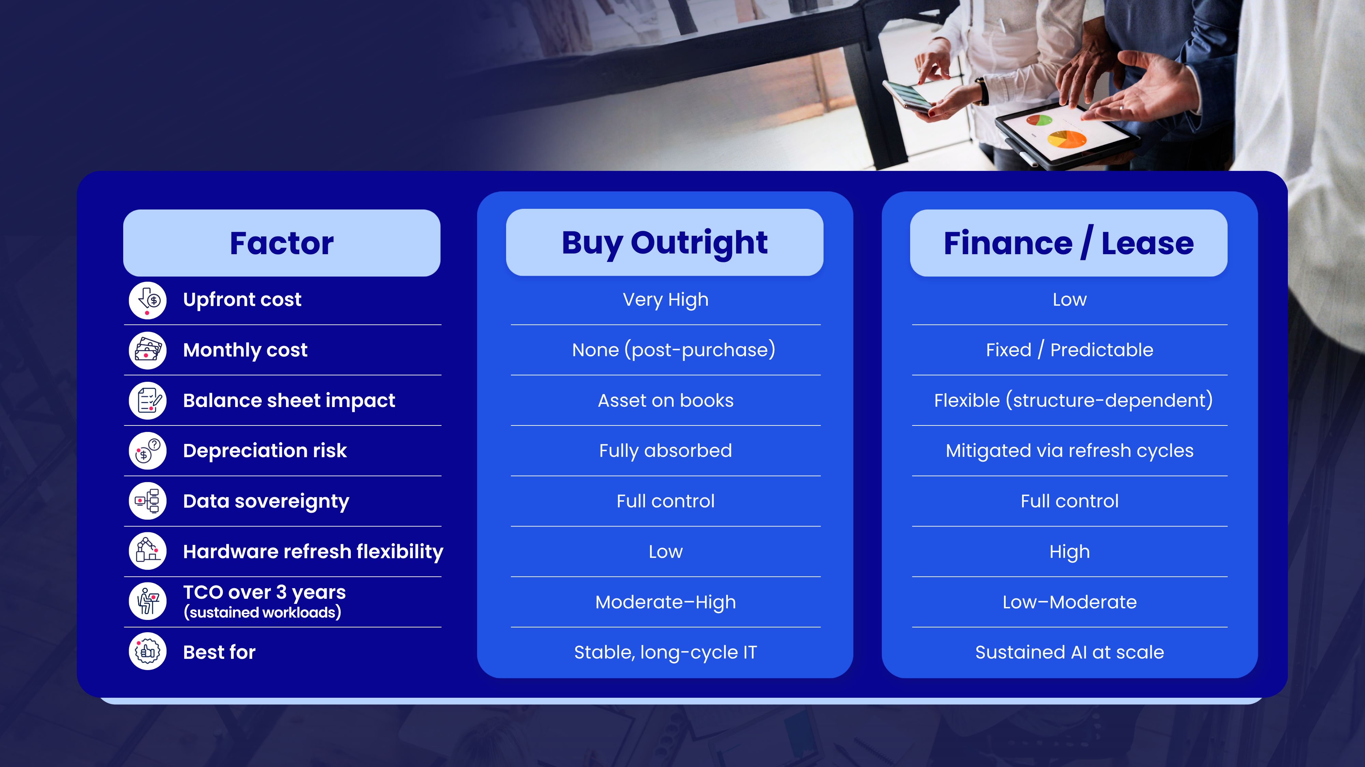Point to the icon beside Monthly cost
pyautogui.click(x=147, y=350)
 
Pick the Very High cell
pyautogui.click(x=665, y=300)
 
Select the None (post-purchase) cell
pyautogui.click(x=674, y=350)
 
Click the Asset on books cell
pyautogui.click(x=665, y=401)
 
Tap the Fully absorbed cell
pyautogui.click(x=665, y=451)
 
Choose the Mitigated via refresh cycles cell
pyautogui.click(x=1069, y=451)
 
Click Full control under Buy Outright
pyautogui.click(x=665, y=501)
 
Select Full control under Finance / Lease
pyautogui.click(x=1069, y=501)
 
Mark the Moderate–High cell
pyautogui.click(x=665, y=602)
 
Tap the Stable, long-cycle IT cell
pyautogui.click(x=665, y=653)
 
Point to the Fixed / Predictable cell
pyautogui.click(x=1069, y=350)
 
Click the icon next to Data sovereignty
pyautogui.click(x=147, y=501)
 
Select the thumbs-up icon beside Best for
pyautogui.click(x=147, y=652)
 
